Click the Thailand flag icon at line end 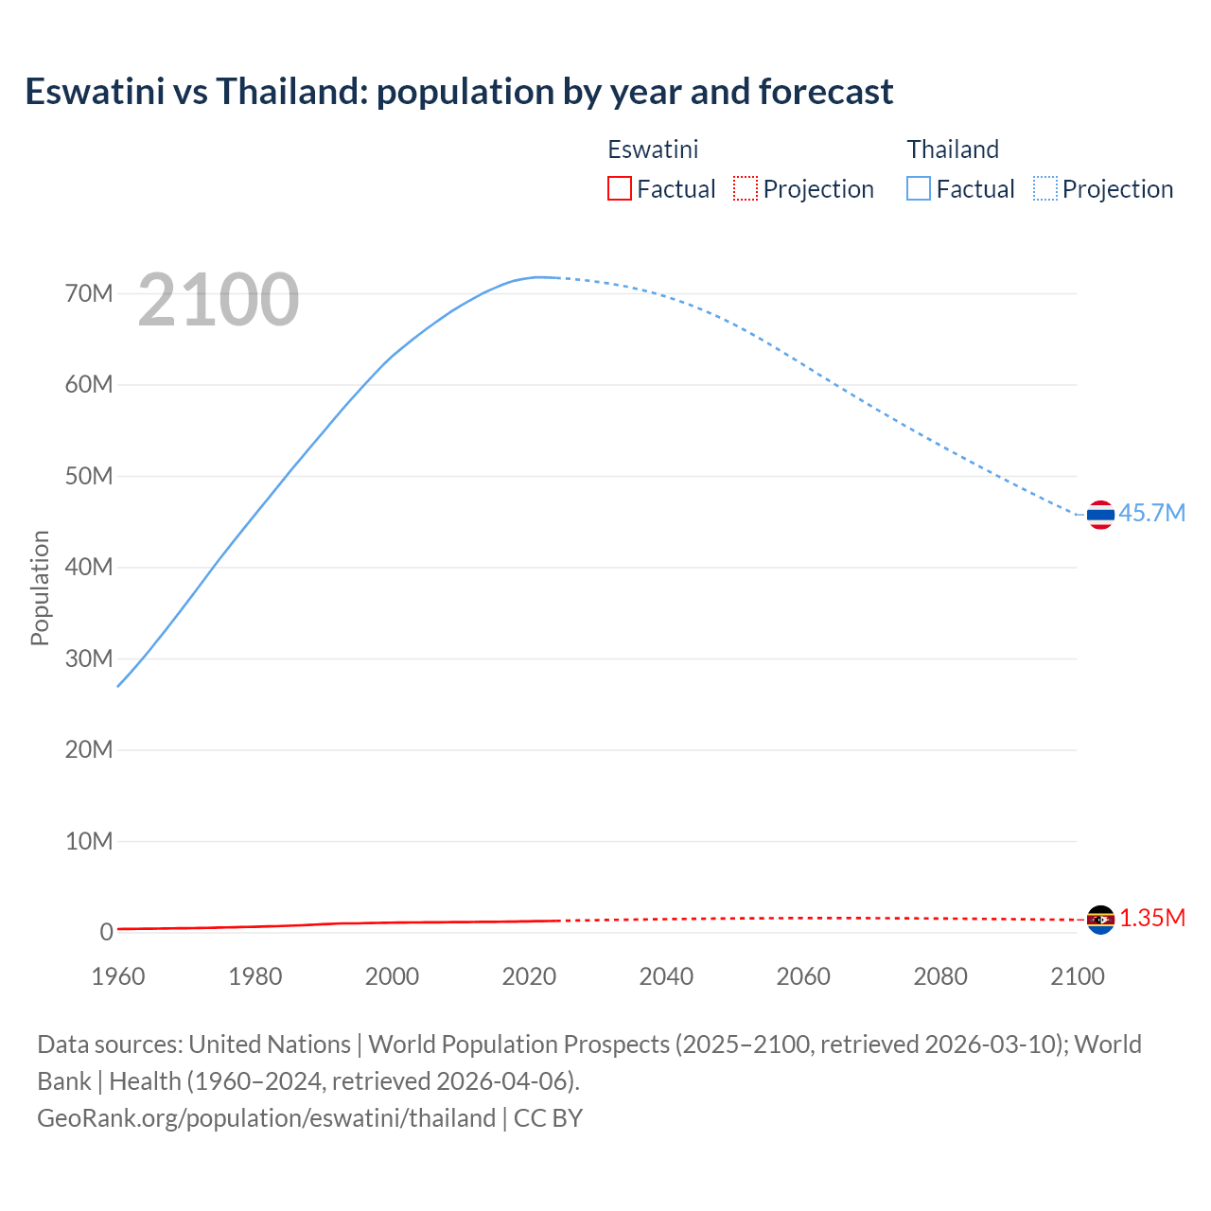pos(1100,515)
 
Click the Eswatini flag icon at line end pos(1100,919)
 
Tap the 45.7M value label pos(1151,513)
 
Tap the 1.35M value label pos(1152,918)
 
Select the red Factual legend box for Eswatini pos(619,188)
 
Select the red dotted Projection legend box pos(746,188)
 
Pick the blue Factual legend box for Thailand pos(918,188)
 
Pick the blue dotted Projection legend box pos(1045,188)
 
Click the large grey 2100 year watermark pos(219,300)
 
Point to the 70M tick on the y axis pos(89,293)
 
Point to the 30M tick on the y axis pos(89,658)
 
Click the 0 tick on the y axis pos(106,932)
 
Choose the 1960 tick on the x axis pos(118,976)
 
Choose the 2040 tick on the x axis pos(666,976)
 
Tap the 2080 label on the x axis pos(940,976)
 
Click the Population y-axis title pos(40,588)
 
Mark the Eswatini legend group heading pos(653,149)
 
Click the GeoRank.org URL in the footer pos(266,1117)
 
